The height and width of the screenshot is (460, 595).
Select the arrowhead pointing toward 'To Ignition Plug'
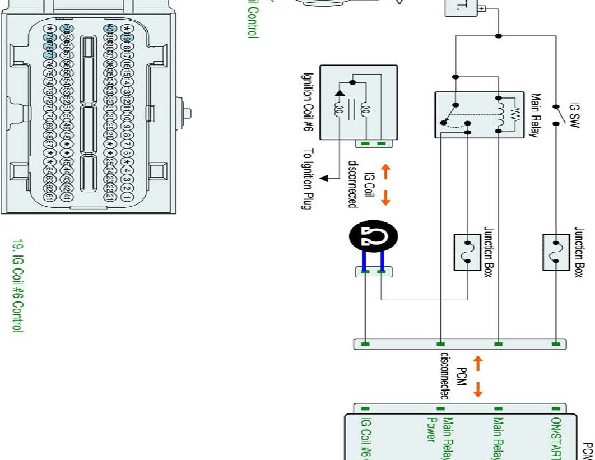pos(323,179)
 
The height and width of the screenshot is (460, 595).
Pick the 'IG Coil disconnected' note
pos(360,183)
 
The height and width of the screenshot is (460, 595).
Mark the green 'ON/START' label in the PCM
pos(556,437)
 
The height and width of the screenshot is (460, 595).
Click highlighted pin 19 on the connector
pos(127,38)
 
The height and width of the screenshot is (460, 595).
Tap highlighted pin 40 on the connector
pos(110,29)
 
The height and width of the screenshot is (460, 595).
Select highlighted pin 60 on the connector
pos(67,29)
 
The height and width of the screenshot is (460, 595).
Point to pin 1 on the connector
pos(127,198)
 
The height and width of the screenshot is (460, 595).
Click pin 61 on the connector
pos(49,198)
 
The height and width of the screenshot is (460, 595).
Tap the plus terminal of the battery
pos(481,10)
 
